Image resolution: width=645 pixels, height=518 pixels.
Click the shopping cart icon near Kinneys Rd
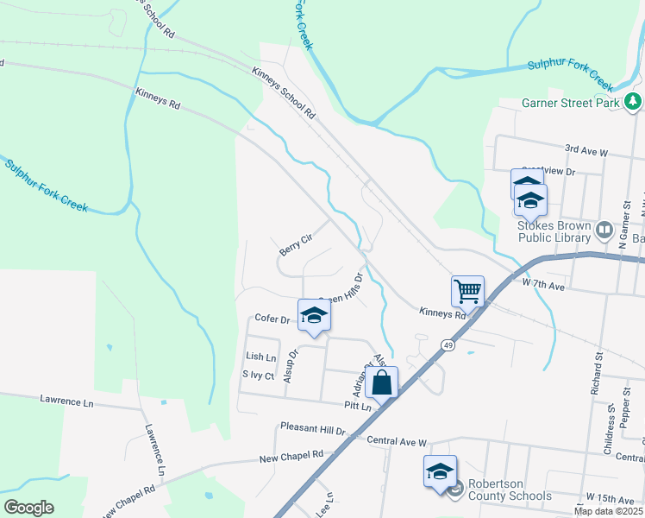pyautogui.click(x=467, y=291)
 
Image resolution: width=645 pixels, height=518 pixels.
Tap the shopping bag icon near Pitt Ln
pyautogui.click(x=382, y=381)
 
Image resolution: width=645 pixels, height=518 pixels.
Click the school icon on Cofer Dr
pyautogui.click(x=314, y=314)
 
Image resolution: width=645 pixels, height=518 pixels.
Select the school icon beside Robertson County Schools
pyautogui.click(x=440, y=471)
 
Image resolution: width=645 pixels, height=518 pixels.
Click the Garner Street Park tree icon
pyautogui.click(x=634, y=103)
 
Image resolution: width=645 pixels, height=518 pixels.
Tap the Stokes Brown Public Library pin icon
pyautogui.click(x=604, y=231)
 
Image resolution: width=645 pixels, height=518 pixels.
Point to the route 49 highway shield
pyautogui.click(x=448, y=345)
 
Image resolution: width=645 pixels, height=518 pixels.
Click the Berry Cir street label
pyautogui.click(x=295, y=244)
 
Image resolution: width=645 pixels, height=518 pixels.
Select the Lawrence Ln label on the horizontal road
pyautogui.click(x=66, y=401)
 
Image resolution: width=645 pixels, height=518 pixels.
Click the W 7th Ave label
pyautogui.click(x=542, y=283)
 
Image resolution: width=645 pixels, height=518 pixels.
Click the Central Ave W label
pyautogui.click(x=396, y=442)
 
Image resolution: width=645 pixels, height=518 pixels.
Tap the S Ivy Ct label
pyautogui.click(x=258, y=376)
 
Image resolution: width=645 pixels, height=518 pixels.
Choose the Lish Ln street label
pyautogui.click(x=260, y=357)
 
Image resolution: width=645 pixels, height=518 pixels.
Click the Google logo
pyautogui.click(x=28, y=508)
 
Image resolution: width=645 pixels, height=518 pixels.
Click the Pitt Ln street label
pyautogui.click(x=355, y=405)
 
